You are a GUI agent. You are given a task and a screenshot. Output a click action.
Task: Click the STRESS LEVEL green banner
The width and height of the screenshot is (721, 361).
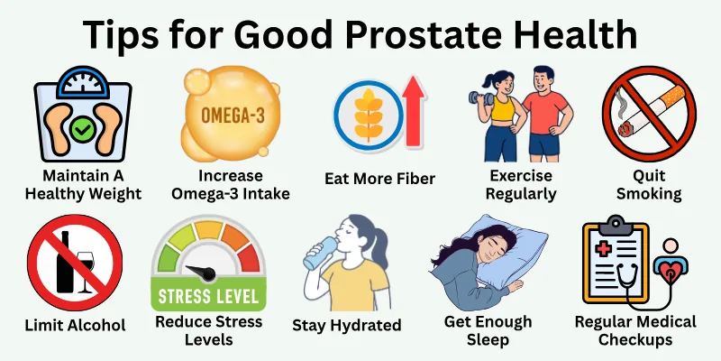[208, 294]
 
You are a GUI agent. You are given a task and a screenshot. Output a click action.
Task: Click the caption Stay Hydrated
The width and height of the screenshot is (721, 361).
[347, 324]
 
